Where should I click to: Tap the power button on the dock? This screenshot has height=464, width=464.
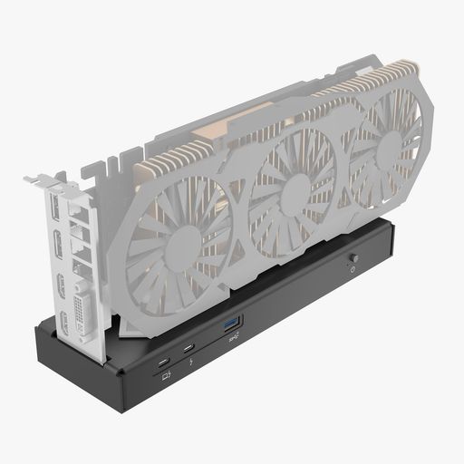point(353,258)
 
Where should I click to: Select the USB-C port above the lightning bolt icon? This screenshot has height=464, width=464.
point(188,348)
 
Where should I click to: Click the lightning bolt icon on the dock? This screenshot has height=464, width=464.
point(198,365)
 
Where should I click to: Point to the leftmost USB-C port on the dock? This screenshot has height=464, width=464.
point(162,361)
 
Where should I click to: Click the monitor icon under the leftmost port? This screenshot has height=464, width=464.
point(166,377)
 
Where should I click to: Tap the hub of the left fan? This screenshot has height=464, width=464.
point(183,246)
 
